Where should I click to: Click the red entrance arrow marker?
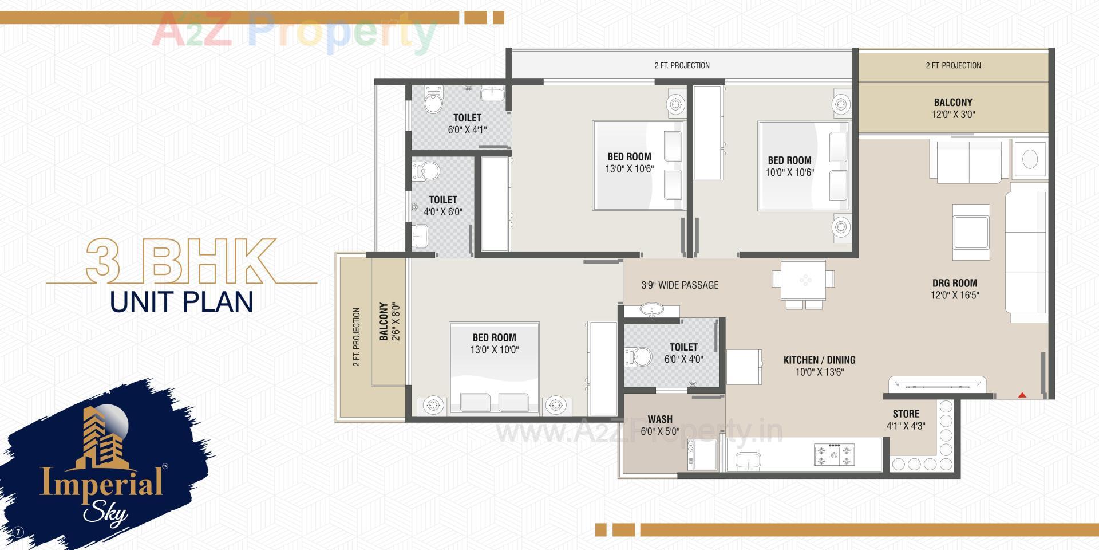point(1022,394)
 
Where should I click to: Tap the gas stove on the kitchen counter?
point(834,454)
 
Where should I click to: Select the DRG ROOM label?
point(954,283)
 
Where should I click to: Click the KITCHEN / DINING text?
point(819,360)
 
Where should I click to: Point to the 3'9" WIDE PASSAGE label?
point(679,285)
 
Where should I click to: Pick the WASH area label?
point(660,419)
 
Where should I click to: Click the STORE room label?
point(906,414)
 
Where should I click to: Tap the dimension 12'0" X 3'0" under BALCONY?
point(953,115)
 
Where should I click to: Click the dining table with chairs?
point(804,280)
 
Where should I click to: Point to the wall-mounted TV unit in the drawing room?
point(938,383)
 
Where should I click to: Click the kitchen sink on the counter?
point(748,460)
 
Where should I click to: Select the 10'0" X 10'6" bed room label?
point(789,166)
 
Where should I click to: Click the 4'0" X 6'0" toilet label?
point(443,206)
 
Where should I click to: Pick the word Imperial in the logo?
point(101,481)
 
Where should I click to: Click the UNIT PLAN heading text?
point(181,302)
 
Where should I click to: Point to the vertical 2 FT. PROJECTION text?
point(357,337)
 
